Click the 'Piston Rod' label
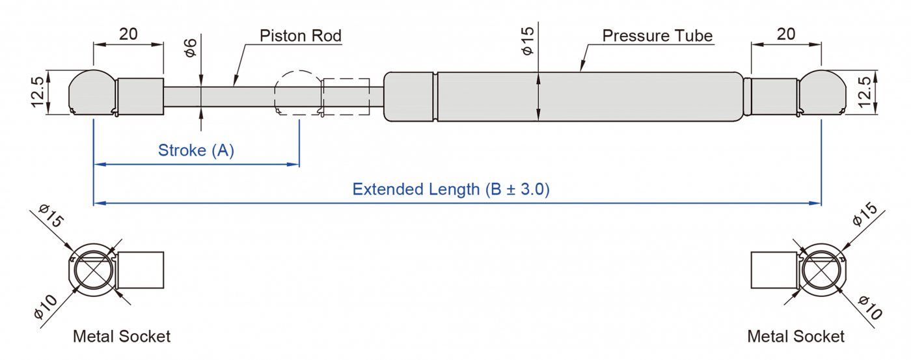[300, 35]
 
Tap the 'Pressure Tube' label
[657, 35]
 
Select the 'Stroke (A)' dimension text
[196, 151]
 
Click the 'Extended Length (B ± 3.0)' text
[451, 189]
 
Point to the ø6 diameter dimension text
[191, 48]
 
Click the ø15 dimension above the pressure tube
[528, 40]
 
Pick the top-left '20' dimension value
[128, 34]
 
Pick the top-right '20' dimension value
[786, 34]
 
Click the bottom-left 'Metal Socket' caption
[122, 337]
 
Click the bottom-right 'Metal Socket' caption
[796, 337]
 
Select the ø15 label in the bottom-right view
[864, 215]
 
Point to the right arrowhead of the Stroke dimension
[294, 165]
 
